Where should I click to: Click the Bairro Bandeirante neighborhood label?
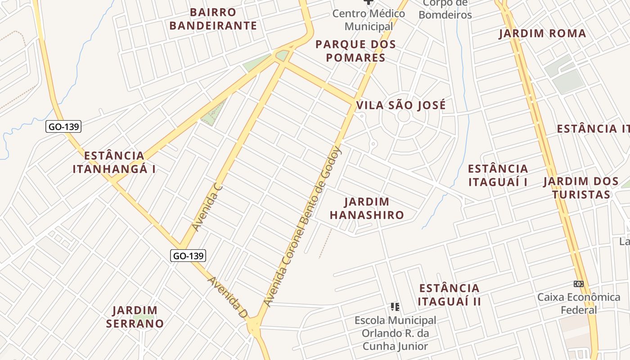pyautogui.click(x=213, y=19)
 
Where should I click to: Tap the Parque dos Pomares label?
pyautogui.click(x=355, y=51)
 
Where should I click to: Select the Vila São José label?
pyautogui.click(x=401, y=105)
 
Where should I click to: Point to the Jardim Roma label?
pyautogui.click(x=542, y=34)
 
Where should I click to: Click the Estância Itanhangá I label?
pyautogui.click(x=114, y=162)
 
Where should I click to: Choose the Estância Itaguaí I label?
pyautogui.click(x=498, y=175)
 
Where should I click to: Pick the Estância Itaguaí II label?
pyautogui.click(x=449, y=295)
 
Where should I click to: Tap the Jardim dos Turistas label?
pyautogui.click(x=581, y=188)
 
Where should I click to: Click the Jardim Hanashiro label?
pyautogui.click(x=367, y=208)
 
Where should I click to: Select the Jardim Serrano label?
pyautogui.click(x=135, y=317)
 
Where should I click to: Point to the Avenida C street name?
pyautogui.click(x=207, y=207)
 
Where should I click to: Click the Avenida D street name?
pyautogui.click(x=228, y=297)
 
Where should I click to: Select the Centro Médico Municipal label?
pyautogui.click(x=369, y=20)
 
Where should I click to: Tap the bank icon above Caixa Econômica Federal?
pyautogui.click(x=579, y=284)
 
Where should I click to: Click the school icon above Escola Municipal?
pyautogui.click(x=395, y=307)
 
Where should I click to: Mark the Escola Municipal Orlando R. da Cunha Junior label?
pyautogui.click(x=395, y=333)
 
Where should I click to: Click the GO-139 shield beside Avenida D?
pyautogui.click(x=189, y=256)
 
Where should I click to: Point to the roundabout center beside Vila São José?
pyautogui.click(x=404, y=116)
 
